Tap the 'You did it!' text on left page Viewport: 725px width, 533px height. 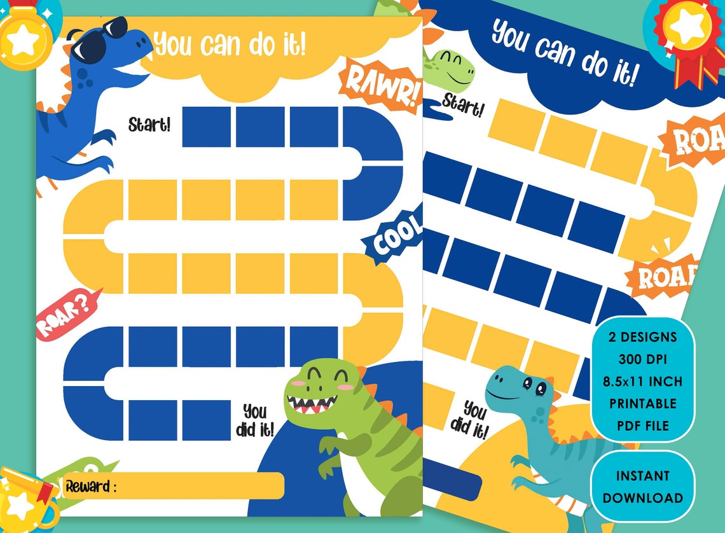point(254,420)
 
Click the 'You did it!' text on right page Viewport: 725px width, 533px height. point(471,419)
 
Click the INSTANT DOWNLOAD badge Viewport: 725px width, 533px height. point(642,487)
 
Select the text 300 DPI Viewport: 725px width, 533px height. point(642,359)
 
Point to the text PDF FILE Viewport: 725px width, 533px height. point(642,425)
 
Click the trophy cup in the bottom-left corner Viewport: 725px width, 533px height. point(25,502)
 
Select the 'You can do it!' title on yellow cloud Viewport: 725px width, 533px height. point(230,44)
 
